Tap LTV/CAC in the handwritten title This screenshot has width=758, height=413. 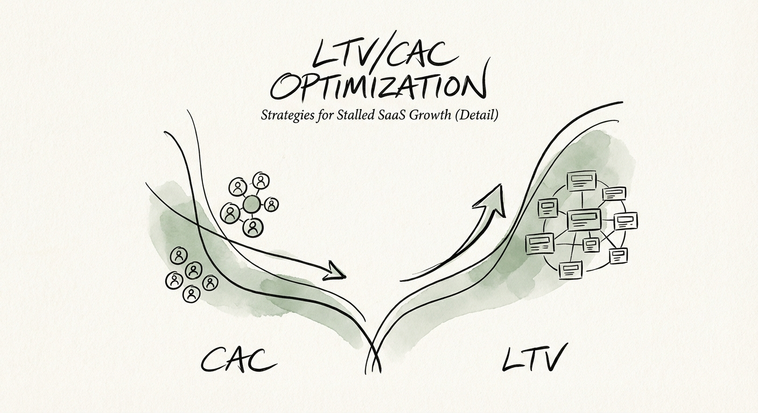[377, 54]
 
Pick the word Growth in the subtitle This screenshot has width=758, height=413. [434, 115]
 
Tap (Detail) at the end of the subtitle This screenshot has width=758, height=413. [475, 115]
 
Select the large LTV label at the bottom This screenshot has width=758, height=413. [534, 359]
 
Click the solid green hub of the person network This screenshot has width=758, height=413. [251, 204]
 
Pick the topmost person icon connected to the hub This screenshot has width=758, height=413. [262, 182]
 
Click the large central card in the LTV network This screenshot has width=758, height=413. [584, 219]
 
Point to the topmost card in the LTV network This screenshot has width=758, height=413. [581, 180]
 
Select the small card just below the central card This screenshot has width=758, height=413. [591, 245]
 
